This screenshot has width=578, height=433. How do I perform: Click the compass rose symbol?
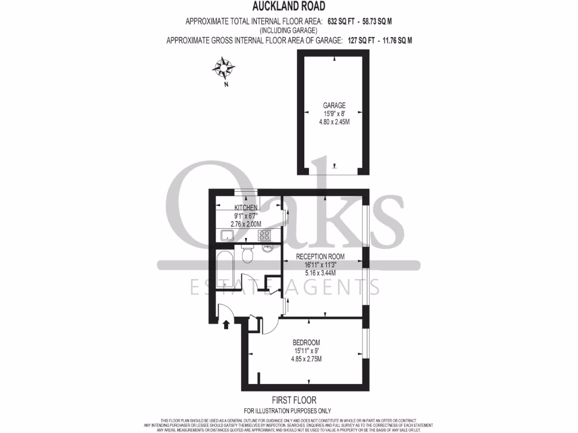tap(224, 69)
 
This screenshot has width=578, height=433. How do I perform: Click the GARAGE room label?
tap(334, 105)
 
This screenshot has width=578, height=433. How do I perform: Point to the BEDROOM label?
tap(306, 342)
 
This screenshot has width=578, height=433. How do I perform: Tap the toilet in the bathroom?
tap(247, 254)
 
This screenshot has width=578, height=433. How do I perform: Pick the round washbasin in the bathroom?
tap(268, 248)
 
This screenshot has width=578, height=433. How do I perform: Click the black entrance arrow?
tap(227, 324)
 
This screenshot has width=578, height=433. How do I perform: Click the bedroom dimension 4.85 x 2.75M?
tap(306, 359)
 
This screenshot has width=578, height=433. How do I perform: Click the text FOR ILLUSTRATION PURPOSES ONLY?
tap(288, 410)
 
